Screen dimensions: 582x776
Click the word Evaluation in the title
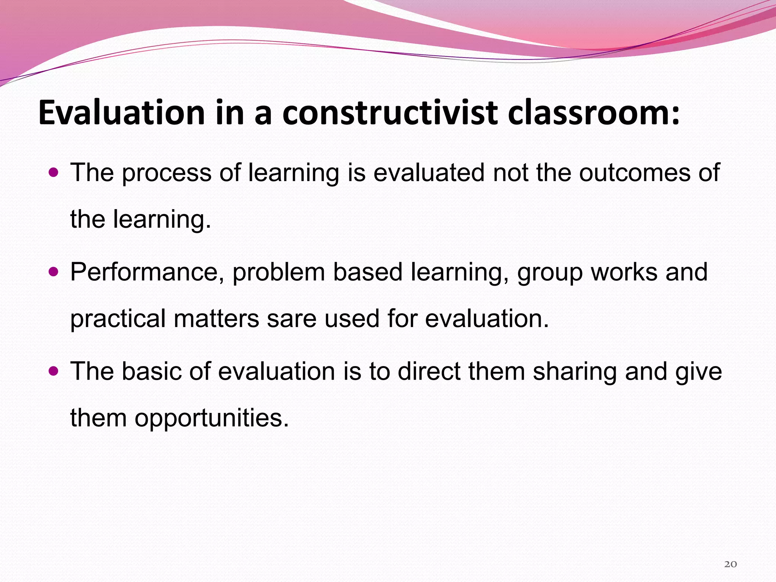(121, 113)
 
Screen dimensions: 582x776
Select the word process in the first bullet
(166, 174)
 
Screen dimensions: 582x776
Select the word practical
(118, 319)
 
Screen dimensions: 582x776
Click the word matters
(216, 319)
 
